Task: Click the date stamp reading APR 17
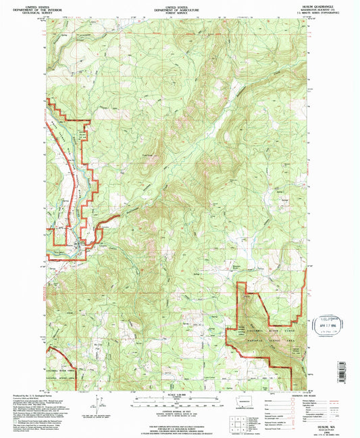tap(326, 324)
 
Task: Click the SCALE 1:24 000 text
tap(180, 395)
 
